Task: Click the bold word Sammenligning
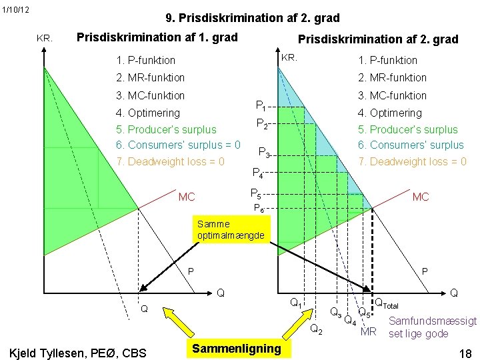pos(236,348)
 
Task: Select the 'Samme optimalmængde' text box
pos(231,230)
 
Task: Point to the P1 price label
pos(261,105)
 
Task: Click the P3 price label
pos(264,152)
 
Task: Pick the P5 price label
pos(255,194)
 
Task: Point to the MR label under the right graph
pos(368,331)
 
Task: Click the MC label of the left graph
pos(187,197)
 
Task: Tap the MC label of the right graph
pos(421,197)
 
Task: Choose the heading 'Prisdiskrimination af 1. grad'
pos(157,37)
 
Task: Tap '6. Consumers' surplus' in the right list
pos(411,145)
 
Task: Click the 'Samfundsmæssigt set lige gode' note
pos(432,327)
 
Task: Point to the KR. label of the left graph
pos(45,39)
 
